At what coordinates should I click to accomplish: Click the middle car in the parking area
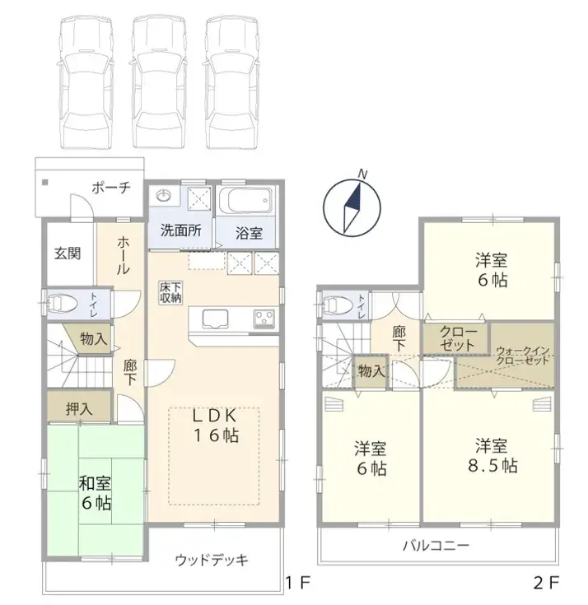click(x=159, y=81)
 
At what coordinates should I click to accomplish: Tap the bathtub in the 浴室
click(x=245, y=200)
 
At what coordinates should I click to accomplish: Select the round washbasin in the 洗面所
click(x=164, y=197)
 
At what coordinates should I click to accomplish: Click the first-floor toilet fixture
click(x=63, y=303)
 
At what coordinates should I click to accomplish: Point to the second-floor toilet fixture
click(x=335, y=305)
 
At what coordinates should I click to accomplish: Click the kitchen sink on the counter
click(x=212, y=319)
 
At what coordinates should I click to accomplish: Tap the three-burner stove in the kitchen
click(x=264, y=319)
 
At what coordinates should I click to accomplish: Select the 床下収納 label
click(x=170, y=293)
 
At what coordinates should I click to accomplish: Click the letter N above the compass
click(x=362, y=174)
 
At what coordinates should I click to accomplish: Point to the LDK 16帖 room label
click(x=216, y=426)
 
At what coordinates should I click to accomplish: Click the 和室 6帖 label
click(x=96, y=494)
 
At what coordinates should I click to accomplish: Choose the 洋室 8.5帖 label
click(x=492, y=456)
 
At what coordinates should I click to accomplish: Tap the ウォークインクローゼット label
click(x=522, y=356)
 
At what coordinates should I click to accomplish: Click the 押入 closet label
click(x=79, y=409)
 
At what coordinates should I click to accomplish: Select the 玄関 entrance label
click(x=68, y=254)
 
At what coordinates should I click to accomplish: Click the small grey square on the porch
click(x=45, y=182)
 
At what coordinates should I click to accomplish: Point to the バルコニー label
click(x=436, y=545)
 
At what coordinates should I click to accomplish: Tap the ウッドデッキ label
click(x=212, y=560)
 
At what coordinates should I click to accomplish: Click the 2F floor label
click(x=546, y=583)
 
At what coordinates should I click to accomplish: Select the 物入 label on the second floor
click(x=371, y=371)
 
